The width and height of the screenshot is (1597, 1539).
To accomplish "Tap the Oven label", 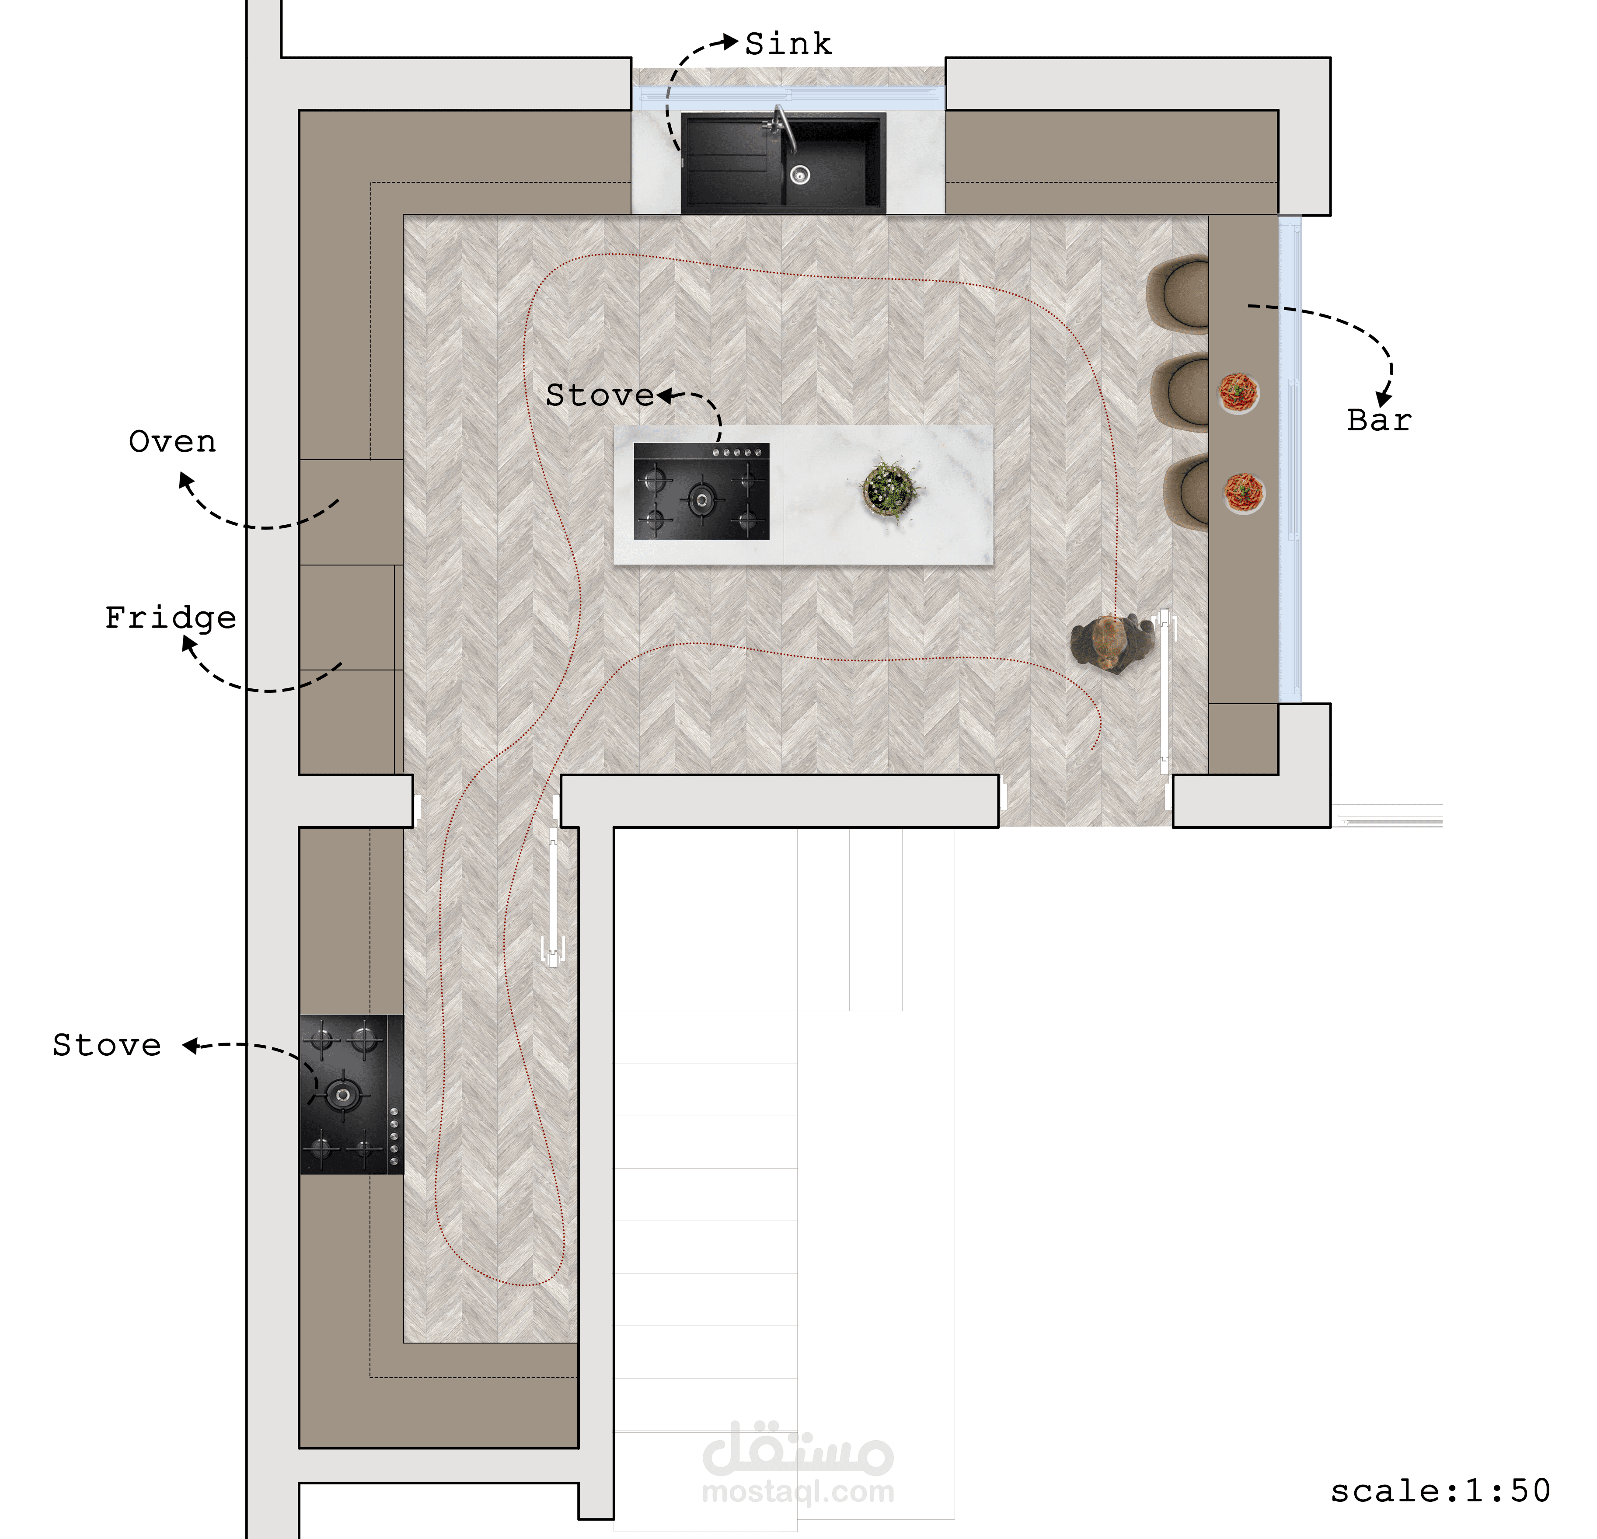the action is point(173,442).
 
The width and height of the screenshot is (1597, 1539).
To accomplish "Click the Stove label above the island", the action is point(600,395).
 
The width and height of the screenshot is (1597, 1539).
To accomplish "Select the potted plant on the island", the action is point(891,489).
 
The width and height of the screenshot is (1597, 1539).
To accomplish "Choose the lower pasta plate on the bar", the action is point(1244,493).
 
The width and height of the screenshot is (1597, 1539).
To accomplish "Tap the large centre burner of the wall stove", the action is point(342,1094).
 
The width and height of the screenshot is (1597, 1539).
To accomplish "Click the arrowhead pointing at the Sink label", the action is point(730,42).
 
